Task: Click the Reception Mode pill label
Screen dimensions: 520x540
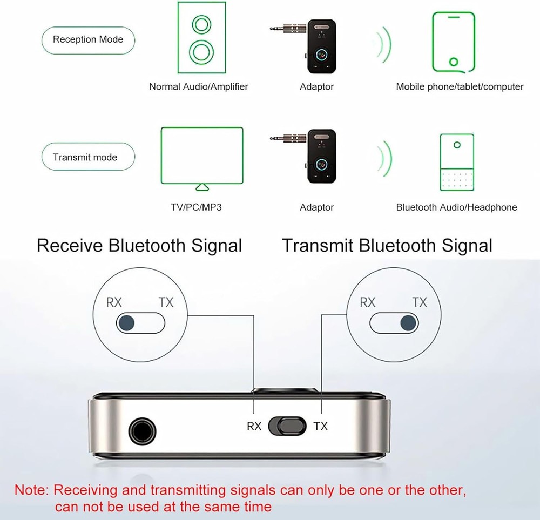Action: (87, 39)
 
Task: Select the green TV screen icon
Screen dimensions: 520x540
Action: (202, 157)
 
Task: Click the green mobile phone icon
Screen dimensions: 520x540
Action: (454, 42)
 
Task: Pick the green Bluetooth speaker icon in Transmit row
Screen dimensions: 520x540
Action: (457, 161)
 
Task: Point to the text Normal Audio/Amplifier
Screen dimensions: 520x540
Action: (199, 86)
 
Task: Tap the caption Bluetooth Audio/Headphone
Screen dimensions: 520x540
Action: (456, 207)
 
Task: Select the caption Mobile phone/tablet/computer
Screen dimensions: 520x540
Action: (460, 86)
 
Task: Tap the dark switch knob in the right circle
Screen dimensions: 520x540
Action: (408, 323)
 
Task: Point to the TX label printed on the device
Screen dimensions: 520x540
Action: (320, 427)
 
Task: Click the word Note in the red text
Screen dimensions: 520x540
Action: (31, 491)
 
